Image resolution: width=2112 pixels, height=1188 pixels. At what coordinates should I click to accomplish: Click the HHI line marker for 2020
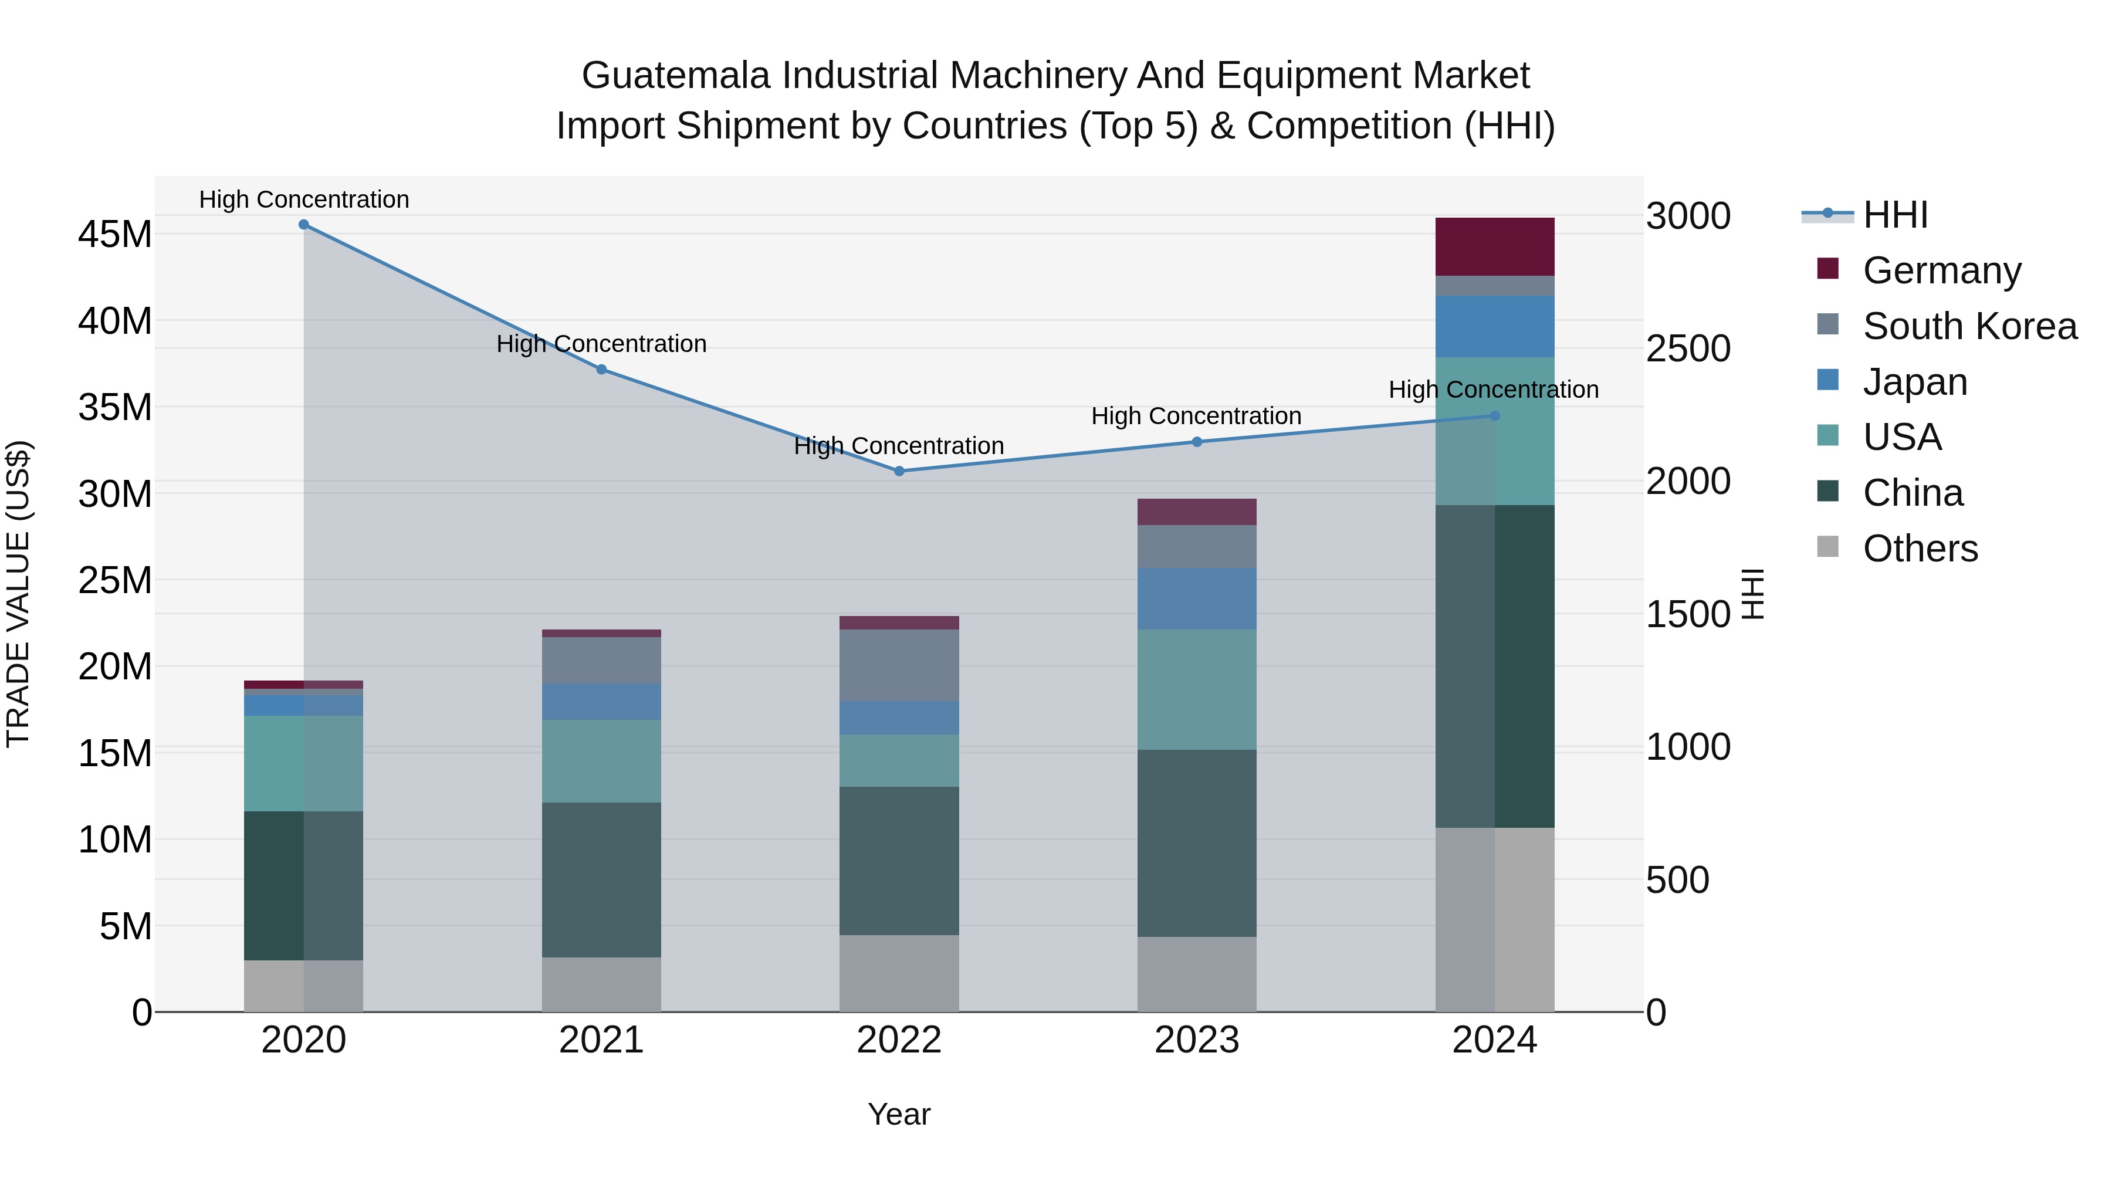pos(303,225)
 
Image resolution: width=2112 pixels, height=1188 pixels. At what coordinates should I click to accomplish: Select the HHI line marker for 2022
pos(899,472)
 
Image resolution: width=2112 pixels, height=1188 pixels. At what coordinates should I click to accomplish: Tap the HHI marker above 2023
pos(1196,442)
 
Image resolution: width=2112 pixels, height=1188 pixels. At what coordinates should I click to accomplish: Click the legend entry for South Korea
pos(1969,326)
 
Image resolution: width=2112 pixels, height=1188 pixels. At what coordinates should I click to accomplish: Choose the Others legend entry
pos(1920,549)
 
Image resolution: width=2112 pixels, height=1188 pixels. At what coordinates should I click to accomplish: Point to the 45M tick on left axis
pos(115,235)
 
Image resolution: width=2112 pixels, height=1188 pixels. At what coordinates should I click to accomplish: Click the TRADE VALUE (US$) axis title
pos(18,594)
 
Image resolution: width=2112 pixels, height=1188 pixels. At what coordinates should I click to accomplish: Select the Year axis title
pos(899,1114)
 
